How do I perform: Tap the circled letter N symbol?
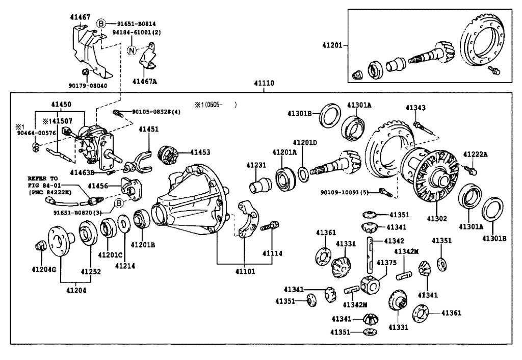tap(131, 50)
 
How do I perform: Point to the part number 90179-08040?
tap(88, 86)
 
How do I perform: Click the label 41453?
tap(200, 152)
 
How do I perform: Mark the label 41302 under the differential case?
tap(437, 219)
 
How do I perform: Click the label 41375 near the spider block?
tap(386, 262)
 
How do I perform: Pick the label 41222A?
tap(475, 154)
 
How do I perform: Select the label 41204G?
tap(43, 269)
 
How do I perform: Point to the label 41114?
tap(272, 253)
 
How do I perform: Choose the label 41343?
tap(415, 108)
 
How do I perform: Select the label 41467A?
tap(145, 81)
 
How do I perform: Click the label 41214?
tap(124, 265)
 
